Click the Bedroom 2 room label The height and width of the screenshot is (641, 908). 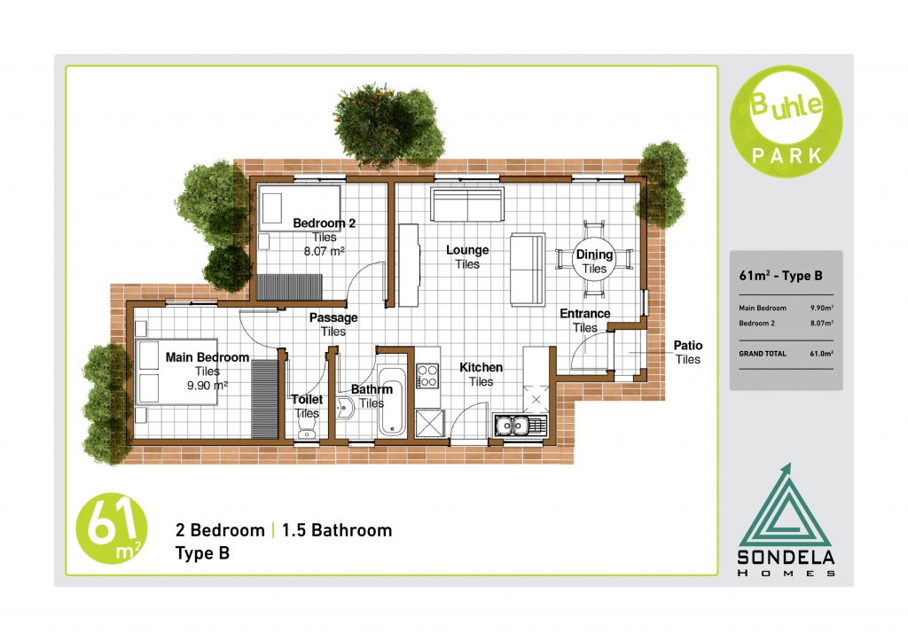324,223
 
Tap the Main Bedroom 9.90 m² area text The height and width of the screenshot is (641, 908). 207,385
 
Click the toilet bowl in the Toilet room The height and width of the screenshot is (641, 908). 305,430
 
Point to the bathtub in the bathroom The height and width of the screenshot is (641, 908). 391,400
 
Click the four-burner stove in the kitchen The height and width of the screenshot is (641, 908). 427,376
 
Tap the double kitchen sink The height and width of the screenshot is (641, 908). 520,426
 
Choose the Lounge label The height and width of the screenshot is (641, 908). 467,250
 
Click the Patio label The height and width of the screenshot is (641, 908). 688,345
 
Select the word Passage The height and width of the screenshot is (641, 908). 333,317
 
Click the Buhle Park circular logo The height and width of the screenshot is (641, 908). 787,121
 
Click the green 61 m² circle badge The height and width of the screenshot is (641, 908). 111,529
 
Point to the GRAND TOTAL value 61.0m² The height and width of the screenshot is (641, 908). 822,354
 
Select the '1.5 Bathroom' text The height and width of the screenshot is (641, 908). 337,530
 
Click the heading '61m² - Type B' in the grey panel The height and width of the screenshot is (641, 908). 780,276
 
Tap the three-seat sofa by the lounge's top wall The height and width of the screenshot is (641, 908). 466,204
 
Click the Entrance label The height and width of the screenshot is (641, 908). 585,313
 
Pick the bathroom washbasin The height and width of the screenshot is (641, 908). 345,408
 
